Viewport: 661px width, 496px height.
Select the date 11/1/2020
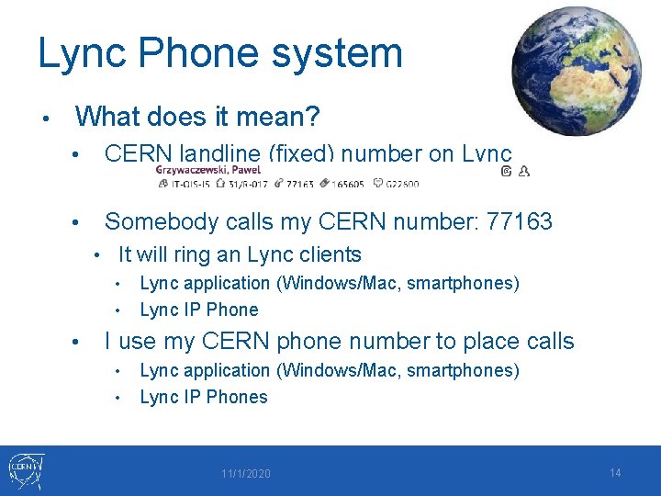click(x=245, y=474)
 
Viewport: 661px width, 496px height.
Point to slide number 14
click(x=615, y=473)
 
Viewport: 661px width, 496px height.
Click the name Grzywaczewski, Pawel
click(x=196, y=170)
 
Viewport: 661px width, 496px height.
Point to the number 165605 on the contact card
click(x=348, y=184)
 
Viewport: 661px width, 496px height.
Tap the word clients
click(x=328, y=254)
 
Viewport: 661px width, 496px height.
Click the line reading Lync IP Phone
click(x=198, y=310)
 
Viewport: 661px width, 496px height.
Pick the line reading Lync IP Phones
click(x=203, y=397)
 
